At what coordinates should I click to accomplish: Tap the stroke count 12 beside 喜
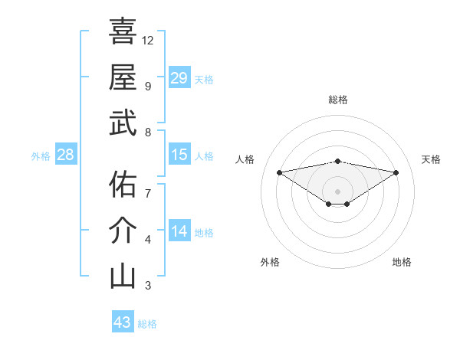(x=148, y=40)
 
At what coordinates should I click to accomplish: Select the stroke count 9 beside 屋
(x=147, y=86)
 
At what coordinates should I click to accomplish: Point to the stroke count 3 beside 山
(x=147, y=286)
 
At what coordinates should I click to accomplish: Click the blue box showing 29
(x=179, y=78)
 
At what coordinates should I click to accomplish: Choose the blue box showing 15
(x=179, y=155)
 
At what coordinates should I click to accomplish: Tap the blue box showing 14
(x=179, y=231)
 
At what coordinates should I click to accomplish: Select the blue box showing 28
(x=66, y=155)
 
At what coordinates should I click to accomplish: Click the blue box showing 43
(x=122, y=322)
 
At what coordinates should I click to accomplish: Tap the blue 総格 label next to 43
(x=147, y=324)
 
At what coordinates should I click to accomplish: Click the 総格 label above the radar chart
(x=337, y=100)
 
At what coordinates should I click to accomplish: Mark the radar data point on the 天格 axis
(x=396, y=172)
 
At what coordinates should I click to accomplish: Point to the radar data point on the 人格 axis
(x=279, y=172)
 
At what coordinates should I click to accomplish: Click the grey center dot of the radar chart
(x=337, y=190)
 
